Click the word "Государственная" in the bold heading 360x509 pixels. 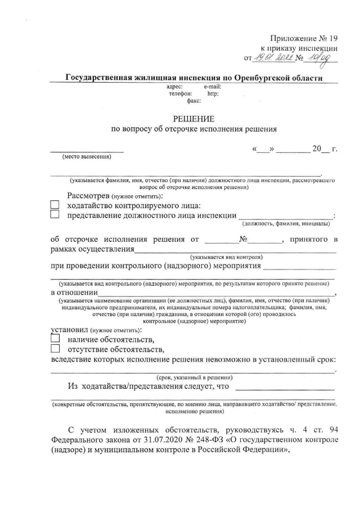pyautogui.click(x=105, y=78)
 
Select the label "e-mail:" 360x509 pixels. pyautogui.click(x=212, y=87)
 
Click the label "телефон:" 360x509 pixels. pyautogui.click(x=180, y=94)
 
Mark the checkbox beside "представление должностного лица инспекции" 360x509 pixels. pyautogui.click(x=55, y=214)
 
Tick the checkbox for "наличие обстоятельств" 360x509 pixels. pyautogui.click(x=55, y=339)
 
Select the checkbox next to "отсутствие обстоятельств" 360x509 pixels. pyautogui.click(x=55, y=349)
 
